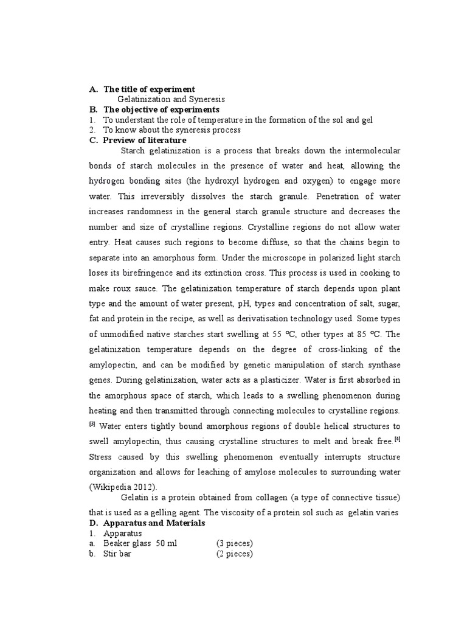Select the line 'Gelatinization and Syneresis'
[171, 99]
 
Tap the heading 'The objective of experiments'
[161, 110]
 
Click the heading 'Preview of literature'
[145, 140]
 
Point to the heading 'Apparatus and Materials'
[154, 523]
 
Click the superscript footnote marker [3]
[93, 423]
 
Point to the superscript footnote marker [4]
[397, 439]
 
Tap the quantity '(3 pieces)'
[234, 543]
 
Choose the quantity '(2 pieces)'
[234, 554]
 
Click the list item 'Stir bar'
[117, 554]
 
